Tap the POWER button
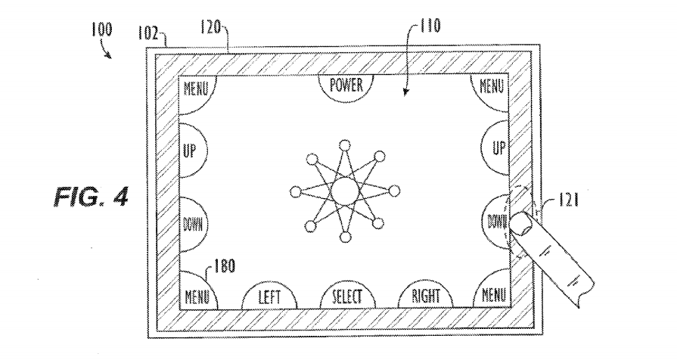coord(346,87)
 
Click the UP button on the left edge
coord(191,151)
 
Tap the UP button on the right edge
coord(496,147)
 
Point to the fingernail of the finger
coord(522,223)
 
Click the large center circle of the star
coord(344,191)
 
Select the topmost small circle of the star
coord(344,145)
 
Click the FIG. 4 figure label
coord(91,197)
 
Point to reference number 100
coord(101,30)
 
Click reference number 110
coord(429,26)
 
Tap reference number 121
coord(568,200)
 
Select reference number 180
coord(224,265)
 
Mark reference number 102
coord(148,33)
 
